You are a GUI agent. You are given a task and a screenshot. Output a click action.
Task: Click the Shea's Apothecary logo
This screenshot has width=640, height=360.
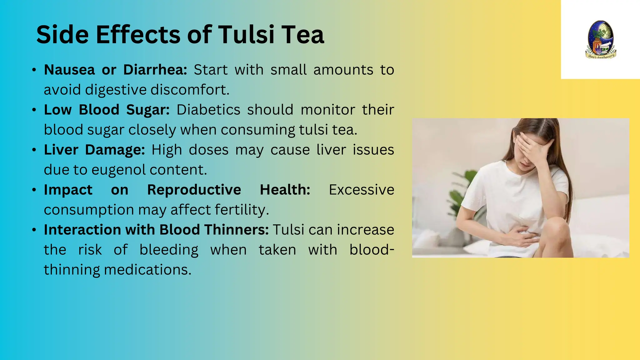tap(600, 40)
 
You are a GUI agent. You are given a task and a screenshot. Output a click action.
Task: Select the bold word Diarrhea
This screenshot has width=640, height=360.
tap(155, 70)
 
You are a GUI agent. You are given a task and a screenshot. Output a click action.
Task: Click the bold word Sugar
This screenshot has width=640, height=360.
tap(148, 110)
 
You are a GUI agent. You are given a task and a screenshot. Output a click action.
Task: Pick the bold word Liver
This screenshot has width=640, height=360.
tap(61, 150)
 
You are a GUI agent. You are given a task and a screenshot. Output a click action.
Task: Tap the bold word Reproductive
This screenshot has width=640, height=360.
tap(194, 190)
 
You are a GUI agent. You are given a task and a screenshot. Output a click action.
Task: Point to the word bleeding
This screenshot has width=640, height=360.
tap(169, 250)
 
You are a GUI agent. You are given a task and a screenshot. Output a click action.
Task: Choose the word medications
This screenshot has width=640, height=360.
tap(147, 270)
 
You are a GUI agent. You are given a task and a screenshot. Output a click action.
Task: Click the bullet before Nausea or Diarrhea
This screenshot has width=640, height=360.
tap(34, 70)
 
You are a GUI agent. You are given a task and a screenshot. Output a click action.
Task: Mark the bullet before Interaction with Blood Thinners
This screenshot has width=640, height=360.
tap(34, 230)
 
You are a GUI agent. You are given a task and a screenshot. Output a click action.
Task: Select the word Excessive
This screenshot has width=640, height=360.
tap(362, 190)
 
